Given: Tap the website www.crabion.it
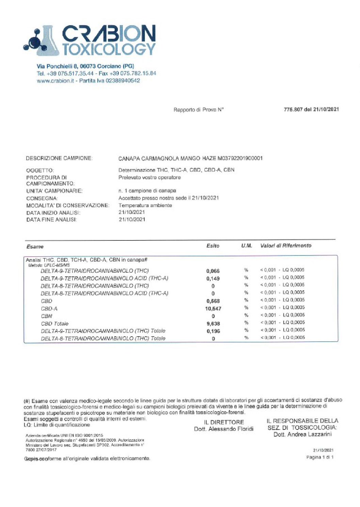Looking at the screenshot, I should [55, 81].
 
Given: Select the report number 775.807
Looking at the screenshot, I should [293, 109].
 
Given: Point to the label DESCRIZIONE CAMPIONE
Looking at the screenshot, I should [59, 158].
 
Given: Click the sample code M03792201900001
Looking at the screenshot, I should [240, 158].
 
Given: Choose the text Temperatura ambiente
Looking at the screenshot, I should [145, 205].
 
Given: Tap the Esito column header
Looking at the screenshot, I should [213, 246].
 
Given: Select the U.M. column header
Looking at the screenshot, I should [246, 246].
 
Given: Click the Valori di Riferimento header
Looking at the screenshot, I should [285, 246].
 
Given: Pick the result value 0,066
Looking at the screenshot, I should [213, 271].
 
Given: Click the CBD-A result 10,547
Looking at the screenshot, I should [213, 309].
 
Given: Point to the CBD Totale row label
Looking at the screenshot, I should [54, 323].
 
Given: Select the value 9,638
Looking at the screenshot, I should [213, 324].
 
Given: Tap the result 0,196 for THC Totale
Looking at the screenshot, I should [213, 331].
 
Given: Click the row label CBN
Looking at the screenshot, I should [47, 316].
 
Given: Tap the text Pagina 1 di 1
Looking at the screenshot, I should [320, 457].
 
